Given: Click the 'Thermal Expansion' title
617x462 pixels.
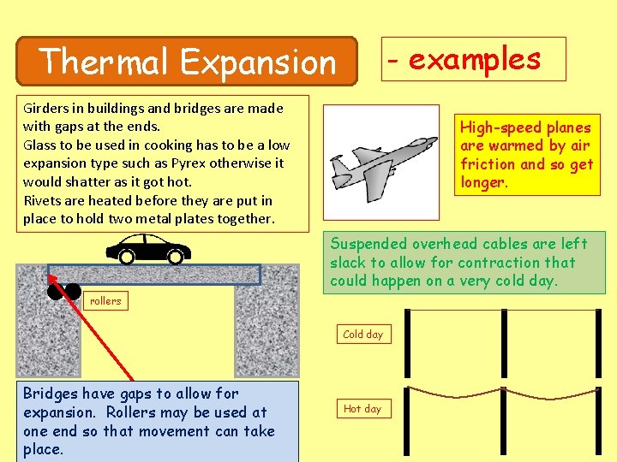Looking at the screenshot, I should tap(188, 62).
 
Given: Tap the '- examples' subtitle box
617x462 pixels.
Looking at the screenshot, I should tap(474, 59).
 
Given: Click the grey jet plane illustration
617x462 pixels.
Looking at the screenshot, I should tap(371, 163).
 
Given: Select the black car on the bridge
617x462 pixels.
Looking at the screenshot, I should tap(148, 248).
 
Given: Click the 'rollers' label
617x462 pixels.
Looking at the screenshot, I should tap(107, 300).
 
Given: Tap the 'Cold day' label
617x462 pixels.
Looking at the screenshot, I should tap(362, 335).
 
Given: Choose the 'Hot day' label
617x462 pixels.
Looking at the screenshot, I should tap(362, 409).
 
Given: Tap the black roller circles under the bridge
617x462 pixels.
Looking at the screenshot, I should tap(63, 292).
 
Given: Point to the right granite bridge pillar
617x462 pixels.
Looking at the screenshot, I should tap(267, 329).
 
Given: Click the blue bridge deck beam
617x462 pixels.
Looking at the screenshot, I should tap(154, 274).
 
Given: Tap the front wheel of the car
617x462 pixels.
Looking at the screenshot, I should tap(176, 256).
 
